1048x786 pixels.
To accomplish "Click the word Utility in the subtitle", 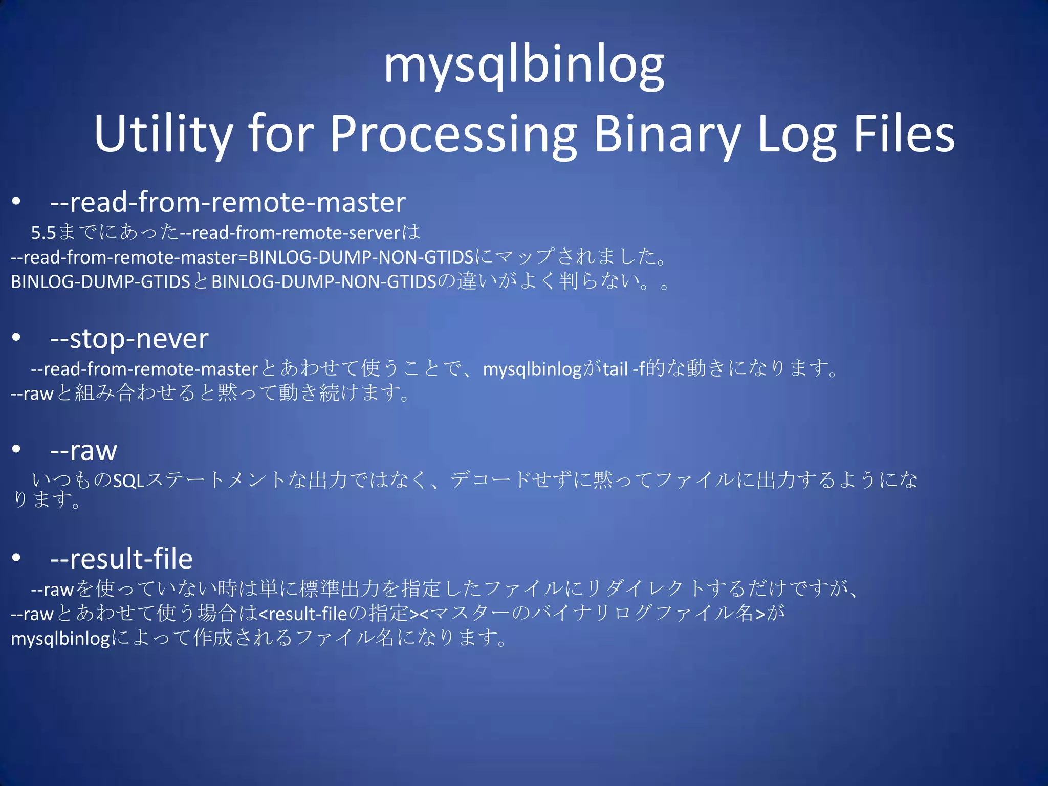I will point(163,134).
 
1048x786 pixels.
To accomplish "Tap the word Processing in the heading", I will point(453,134).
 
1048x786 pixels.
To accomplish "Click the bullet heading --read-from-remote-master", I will point(228,202).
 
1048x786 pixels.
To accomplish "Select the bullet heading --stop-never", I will point(129,339).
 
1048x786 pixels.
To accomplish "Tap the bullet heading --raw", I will point(83,451).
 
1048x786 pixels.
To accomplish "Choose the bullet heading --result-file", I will point(121,558).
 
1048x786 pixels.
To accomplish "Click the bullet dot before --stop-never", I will point(17,337).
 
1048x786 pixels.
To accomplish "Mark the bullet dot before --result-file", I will point(17,557).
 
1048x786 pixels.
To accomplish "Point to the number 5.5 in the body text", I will point(43,233).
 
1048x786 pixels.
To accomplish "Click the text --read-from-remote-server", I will point(290,233).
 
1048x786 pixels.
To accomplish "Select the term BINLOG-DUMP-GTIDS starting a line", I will point(100,282).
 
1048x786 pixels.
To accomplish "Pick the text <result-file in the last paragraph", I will point(303,614).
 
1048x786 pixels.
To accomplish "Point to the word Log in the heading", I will point(796,134).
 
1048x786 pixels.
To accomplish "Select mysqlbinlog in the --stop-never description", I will point(532,369).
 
